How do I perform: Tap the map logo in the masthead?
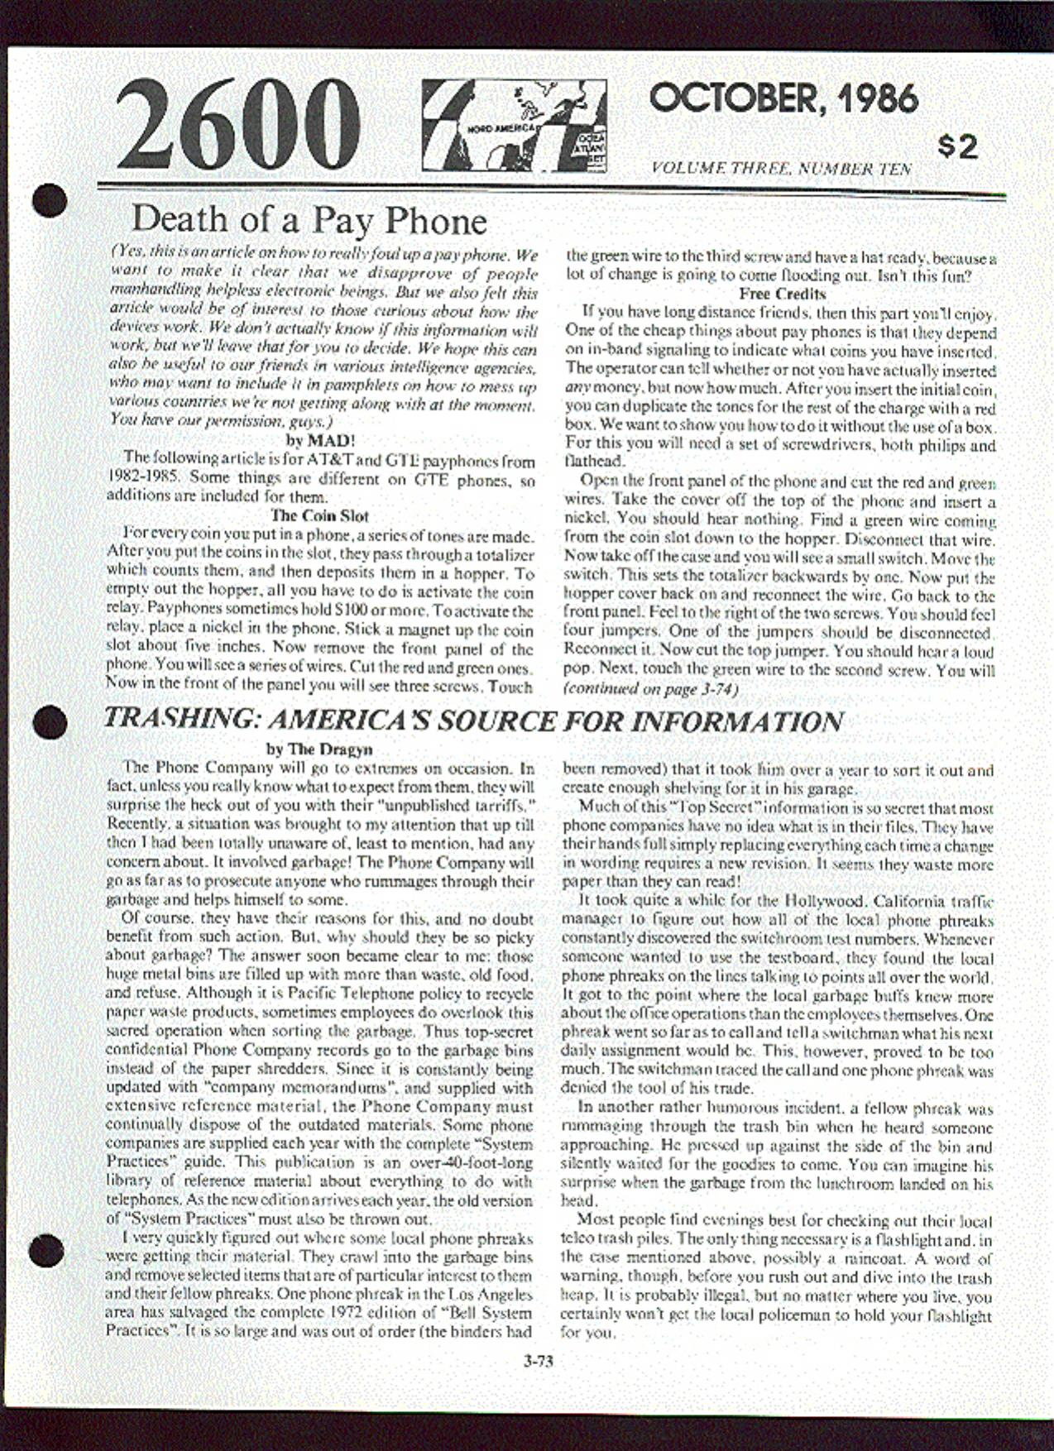pos(514,127)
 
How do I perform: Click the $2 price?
pos(958,146)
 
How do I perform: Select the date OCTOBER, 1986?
pos(783,98)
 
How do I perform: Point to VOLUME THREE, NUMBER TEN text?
pos(782,169)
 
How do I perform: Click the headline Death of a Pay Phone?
pos(309,220)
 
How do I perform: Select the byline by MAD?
pos(320,440)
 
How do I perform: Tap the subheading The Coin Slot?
pos(319,515)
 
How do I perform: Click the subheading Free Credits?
pos(782,293)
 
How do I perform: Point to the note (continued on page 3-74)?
pos(650,688)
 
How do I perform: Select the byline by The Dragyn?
pos(319,749)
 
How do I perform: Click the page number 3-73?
pos(538,1359)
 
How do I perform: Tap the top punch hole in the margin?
pos(49,201)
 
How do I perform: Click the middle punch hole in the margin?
pos(49,721)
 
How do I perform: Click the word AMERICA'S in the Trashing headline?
pos(350,719)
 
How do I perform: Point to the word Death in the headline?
pos(180,219)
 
